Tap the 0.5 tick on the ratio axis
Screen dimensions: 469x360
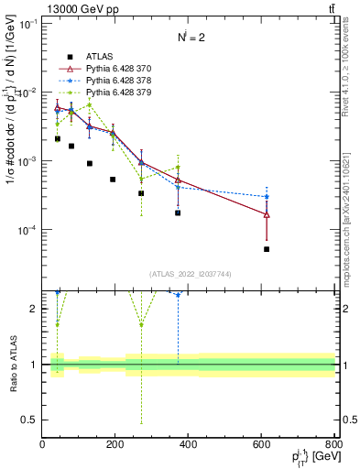point(29,420)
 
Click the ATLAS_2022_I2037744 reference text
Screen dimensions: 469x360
point(189,274)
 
